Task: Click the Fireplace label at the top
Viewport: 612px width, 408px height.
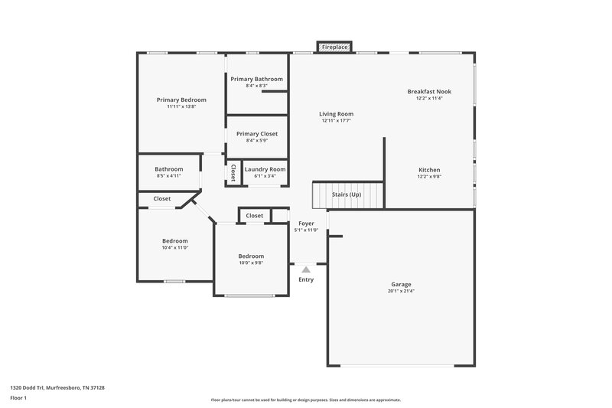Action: coord(334,47)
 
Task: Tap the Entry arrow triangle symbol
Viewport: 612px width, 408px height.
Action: coord(306,269)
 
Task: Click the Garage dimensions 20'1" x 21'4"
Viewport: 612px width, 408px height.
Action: coord(402,291)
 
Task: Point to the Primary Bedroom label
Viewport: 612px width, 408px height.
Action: coord(181,100)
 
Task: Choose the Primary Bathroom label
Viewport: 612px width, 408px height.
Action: coord(256,79)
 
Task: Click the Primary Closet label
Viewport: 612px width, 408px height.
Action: coord(256,133)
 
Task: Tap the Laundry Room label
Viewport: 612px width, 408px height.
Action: coord(265,169)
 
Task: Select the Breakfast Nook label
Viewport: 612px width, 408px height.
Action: coord(429,91)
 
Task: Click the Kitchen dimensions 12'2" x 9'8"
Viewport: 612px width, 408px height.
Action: coord(429,176)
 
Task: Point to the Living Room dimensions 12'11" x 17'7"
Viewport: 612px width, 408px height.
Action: coord(336,121)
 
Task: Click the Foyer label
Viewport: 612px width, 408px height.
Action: coord(306,224)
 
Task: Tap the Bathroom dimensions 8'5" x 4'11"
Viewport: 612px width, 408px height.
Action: coord(168,176)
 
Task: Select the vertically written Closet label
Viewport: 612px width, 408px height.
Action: coord(233,172)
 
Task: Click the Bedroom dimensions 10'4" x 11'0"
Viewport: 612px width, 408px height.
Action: coord(174,247)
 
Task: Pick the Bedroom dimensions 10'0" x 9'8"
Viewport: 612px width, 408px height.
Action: coord(251,263)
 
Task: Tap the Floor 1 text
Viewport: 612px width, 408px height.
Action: coord(18,399)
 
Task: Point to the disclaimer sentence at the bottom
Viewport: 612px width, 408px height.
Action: coord(305,400)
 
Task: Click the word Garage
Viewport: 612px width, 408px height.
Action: coord(402,284)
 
